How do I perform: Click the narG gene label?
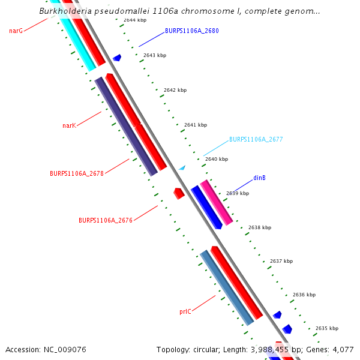[x=16, y=31]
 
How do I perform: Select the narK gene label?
[x=69, y=126]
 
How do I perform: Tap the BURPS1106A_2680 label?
[x=191, y=31]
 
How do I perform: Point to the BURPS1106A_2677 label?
[x=256, y=139]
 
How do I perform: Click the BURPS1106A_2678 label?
[x=77, y=173]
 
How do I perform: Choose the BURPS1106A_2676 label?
[x=106, y=220]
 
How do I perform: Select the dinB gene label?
[x=259, y=178]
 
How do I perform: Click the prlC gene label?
[x=185, y=312]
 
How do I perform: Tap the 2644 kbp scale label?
[x=135, y=20]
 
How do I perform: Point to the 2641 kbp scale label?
[x=196, y=125]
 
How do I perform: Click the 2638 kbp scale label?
[x=260, y=228]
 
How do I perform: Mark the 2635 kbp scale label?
[x=327, y=328]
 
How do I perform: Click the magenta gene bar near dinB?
[x=216, y=202]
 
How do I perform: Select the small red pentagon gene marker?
[x=178, y=193]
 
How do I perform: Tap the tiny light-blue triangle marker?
[x=182, y=167]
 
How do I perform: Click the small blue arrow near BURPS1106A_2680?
[x=117, y=58]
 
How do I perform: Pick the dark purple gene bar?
[x=126, y=127]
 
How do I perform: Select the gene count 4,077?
[x=342, y=349]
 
